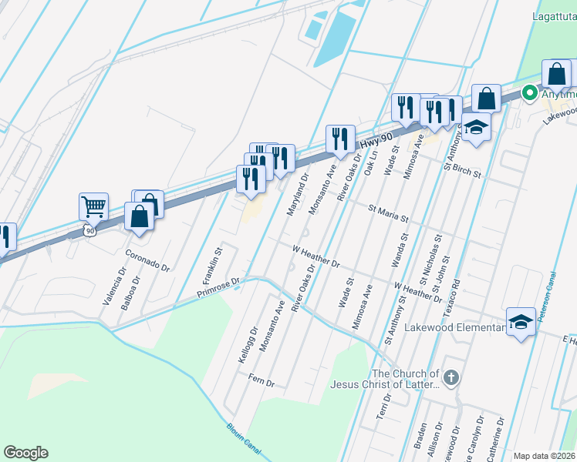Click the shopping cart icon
tap(93, 206)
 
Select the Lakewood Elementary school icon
tap(521, 322)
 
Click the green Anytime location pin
tap(529, 94)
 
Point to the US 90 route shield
tap(90, 231)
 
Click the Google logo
tap(25, 453)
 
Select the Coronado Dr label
tap(147, 259)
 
